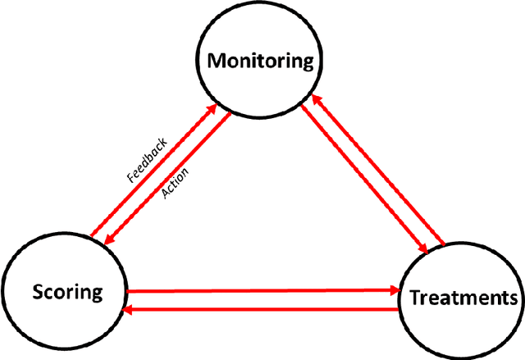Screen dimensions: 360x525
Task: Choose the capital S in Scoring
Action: (x=38, y=291)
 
